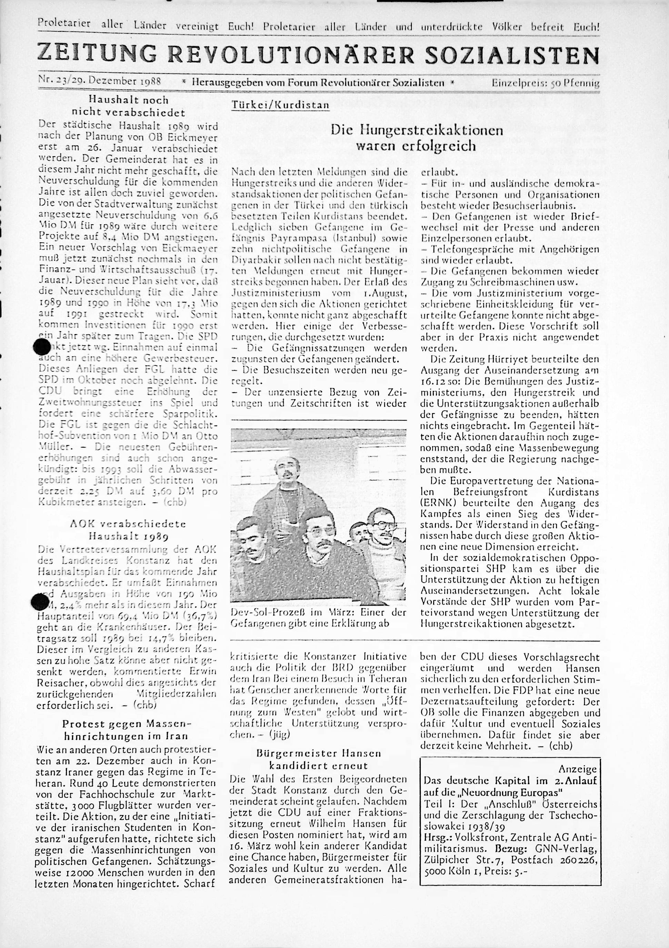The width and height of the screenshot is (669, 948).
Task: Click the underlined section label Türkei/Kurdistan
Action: coord(280,105)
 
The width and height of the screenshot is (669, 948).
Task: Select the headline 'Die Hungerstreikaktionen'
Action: coord(417,130)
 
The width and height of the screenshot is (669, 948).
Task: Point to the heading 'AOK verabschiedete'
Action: coord(128,524)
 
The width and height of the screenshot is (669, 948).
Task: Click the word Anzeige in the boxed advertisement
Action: coord(577,769)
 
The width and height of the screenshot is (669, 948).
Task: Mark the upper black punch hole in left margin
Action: coord(41,346)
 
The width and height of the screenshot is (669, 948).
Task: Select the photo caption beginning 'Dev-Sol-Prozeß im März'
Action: coord(319,618)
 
